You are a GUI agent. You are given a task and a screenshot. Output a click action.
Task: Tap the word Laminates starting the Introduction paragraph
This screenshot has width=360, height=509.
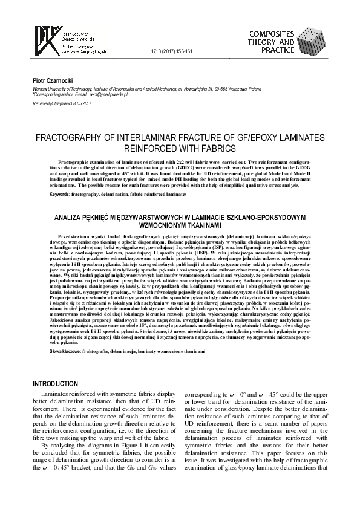(x=54, y=395)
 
